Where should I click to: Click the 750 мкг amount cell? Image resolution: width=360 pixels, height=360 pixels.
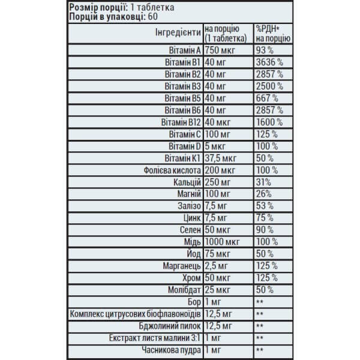[x=221, y=49]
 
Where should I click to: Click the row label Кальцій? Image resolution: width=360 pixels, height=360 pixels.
[x=185, y=183]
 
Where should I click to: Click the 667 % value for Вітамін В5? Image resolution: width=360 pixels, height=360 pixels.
[x=267, y=98]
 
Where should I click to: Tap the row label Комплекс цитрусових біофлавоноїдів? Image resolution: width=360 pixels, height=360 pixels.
[x=136, y=314]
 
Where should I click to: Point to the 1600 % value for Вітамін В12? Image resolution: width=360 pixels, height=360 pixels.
[x=269, y=122]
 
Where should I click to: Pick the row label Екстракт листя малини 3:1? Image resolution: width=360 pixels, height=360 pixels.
[x=154, y=338]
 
